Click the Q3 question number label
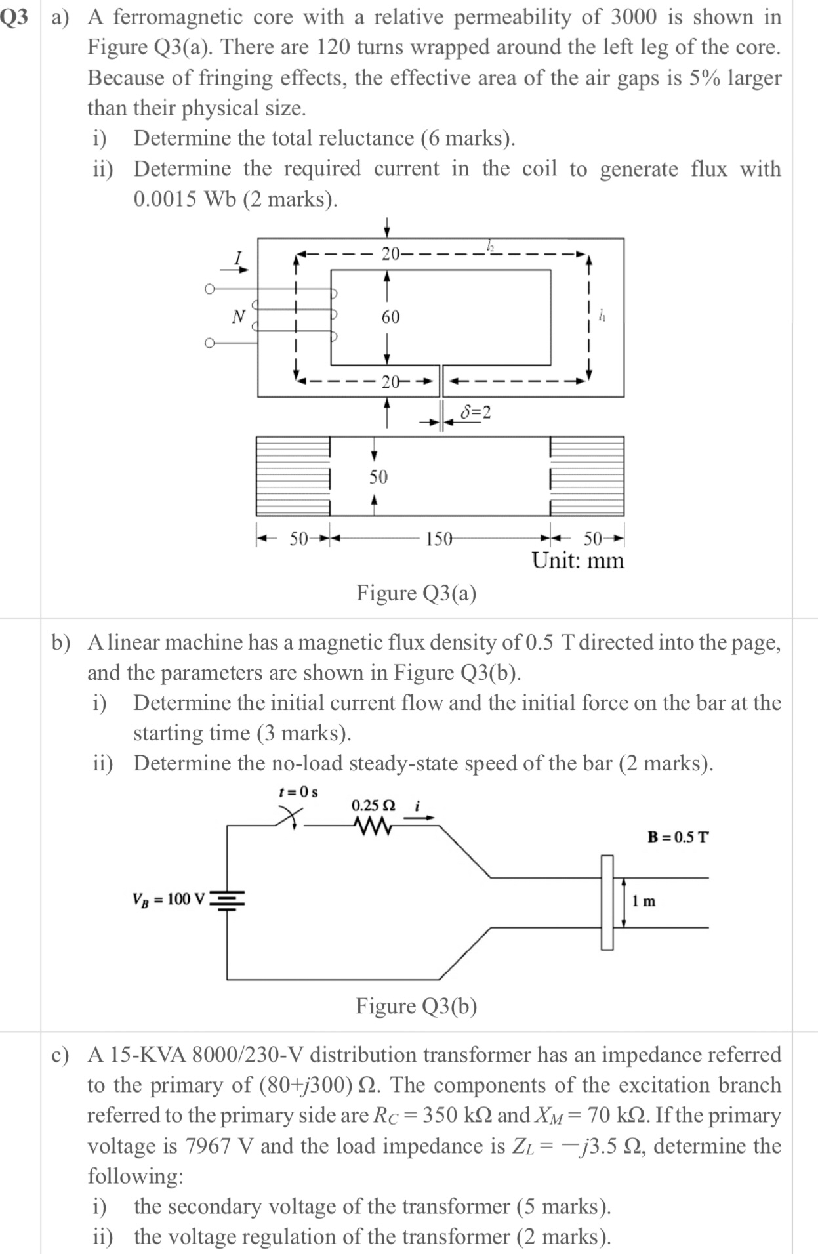[16, 18]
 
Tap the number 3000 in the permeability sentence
[632, 17]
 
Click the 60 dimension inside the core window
[390, 317]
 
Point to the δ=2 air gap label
[476, 412]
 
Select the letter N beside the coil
[239, 317]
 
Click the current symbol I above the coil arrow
[239, 257]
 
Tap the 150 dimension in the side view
[438, 539]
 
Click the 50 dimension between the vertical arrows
[378, 477]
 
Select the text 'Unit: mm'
[577, 561]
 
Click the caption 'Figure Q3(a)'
[416, 593]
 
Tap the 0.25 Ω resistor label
[373, 805]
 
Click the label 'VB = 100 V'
[169, 899]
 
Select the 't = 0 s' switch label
[298, 791]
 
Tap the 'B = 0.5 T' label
[678, 837]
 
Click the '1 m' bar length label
[644, 901]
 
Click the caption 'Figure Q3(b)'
[416, 1006]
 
